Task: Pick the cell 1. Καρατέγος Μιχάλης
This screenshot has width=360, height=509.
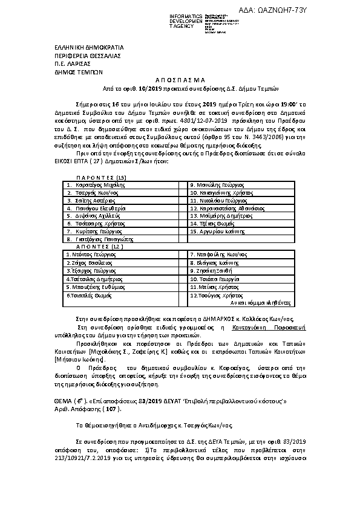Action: pos(97,184)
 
